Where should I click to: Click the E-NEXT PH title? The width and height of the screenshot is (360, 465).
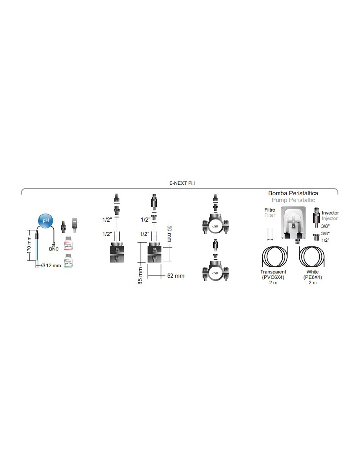(182, 183)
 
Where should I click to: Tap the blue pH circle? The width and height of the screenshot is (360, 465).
(45, 221)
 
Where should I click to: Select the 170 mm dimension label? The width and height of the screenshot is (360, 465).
(29, 245)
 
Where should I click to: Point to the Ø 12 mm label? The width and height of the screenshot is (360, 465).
(51, 266)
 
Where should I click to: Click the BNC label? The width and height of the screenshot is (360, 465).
(54, 249)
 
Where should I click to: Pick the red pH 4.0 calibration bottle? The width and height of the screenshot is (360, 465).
(68, 244)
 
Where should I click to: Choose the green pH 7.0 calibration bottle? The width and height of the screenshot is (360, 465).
(68, 261)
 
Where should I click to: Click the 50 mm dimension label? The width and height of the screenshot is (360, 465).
(169, 233)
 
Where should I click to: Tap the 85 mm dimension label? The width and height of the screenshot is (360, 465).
(140, 276)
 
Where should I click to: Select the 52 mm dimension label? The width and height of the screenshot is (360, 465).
(175, 276)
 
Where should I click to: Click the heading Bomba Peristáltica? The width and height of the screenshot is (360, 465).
(293, 193)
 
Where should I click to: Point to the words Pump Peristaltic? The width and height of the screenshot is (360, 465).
(293, 200)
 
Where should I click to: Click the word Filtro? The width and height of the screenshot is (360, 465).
(270, 210)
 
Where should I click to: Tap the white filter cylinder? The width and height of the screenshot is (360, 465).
(270, 233)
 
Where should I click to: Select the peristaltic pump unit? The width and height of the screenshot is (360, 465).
(293, 223)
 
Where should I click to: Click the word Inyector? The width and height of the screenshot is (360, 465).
(330, 213)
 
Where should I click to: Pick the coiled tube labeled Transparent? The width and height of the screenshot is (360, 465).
(274, 257)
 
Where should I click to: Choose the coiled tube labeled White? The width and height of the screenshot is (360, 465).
(312, 257)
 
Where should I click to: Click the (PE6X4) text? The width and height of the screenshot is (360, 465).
(313, 277)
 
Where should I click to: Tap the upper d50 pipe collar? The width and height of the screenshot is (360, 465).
(215, 226)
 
